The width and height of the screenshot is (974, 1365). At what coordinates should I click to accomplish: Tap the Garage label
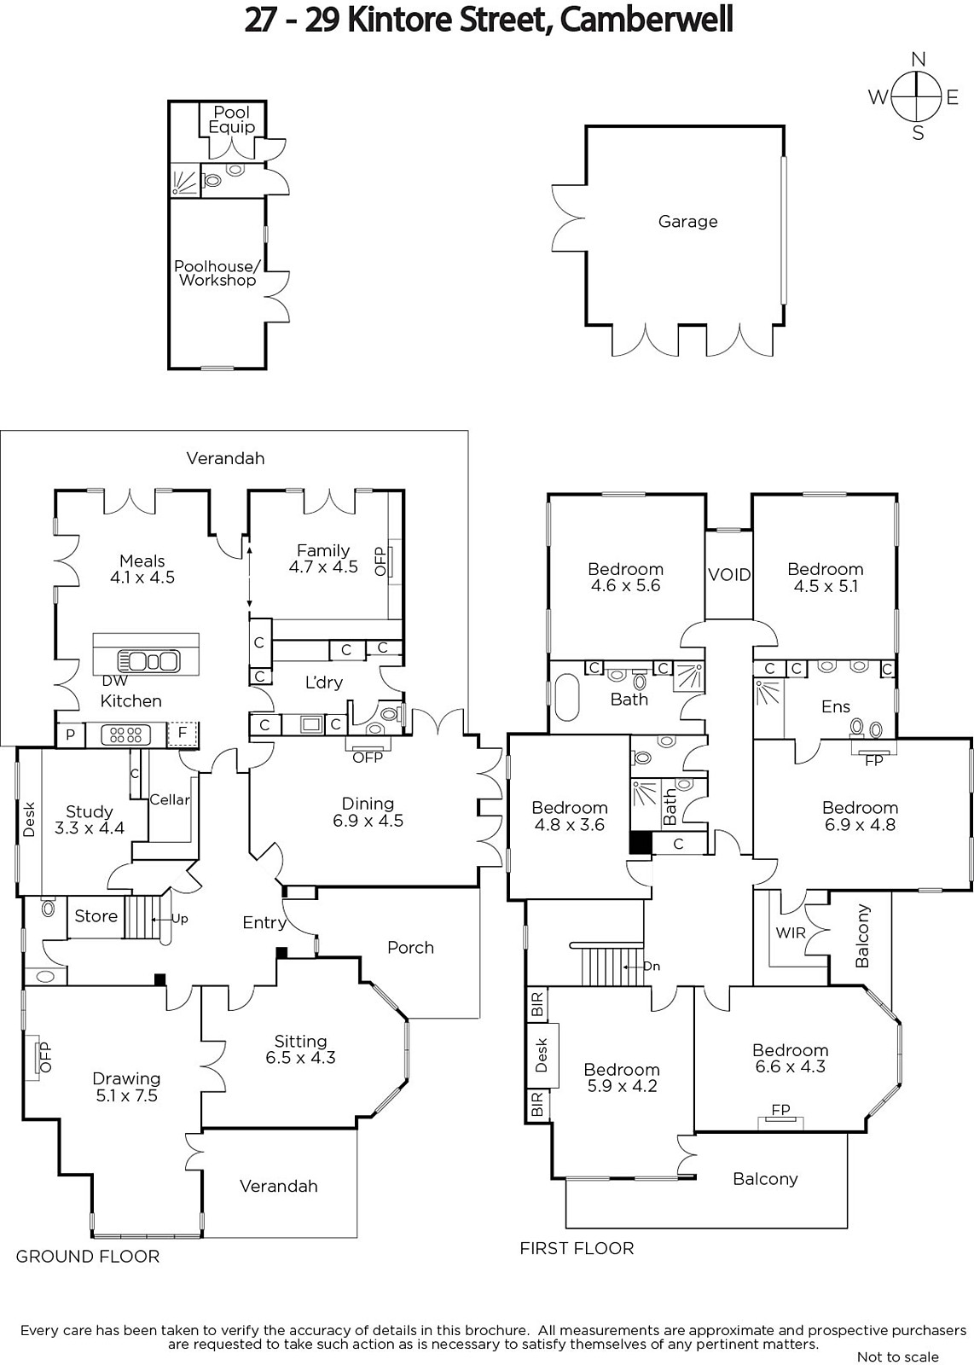tap(687, 221)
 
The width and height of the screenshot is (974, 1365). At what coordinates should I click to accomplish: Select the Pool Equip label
tap(231, 119)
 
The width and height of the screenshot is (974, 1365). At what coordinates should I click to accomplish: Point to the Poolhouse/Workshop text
tap(217, 273)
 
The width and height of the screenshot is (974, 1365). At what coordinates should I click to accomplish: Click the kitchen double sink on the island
tap(148, 660)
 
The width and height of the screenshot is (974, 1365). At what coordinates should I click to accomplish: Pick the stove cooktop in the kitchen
tap(125, 735)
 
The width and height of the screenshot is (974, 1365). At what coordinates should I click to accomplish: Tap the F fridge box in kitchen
tap(183, 734)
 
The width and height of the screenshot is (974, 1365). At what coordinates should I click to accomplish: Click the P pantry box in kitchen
tap(71, 735)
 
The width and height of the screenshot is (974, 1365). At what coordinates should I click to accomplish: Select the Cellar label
tap(170, 799)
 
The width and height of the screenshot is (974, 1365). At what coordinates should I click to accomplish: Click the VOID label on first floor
tap(729, 575)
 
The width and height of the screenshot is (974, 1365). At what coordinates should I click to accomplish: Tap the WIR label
tap(791, 932)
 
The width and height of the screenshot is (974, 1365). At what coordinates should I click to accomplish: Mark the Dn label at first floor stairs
tap(651, 966)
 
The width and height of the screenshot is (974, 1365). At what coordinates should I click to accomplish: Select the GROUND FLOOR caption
tap(88, 1256)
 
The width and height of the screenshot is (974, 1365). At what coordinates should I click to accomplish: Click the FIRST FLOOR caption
tap(577, 1248)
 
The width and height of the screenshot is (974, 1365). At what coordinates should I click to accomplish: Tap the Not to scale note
tap(898, 1356)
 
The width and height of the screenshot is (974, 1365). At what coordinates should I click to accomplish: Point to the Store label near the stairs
tap(96, 916)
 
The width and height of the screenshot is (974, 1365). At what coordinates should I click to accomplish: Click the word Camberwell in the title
tap(646, 20)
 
